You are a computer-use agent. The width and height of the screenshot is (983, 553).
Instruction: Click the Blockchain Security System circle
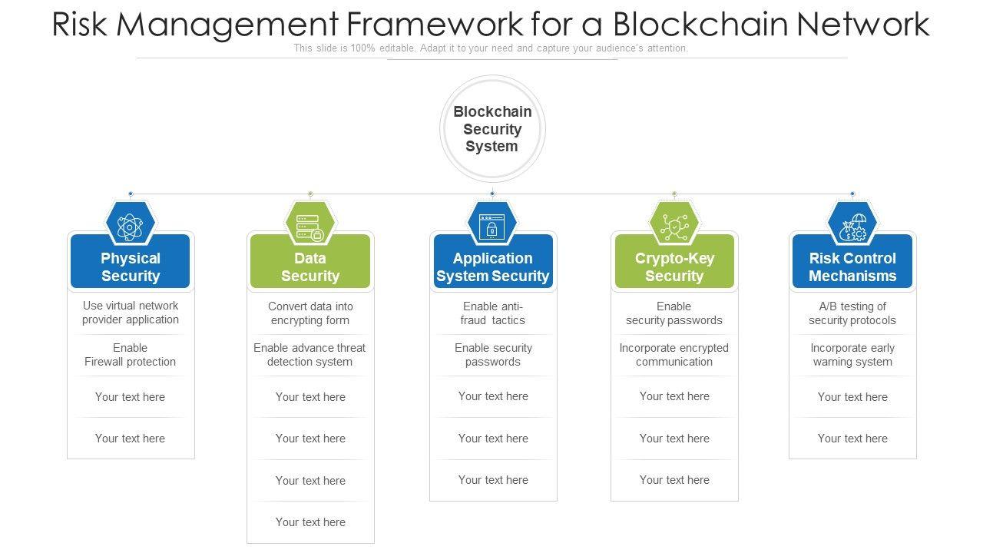(492, 128)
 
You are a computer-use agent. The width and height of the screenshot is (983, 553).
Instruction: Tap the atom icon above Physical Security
(130, 227)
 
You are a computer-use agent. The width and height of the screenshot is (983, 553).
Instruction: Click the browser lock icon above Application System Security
(492, 227)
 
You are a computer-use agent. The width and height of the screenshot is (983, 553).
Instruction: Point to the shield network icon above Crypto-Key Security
(674, 227)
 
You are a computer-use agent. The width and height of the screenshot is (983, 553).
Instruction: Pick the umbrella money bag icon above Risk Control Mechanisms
(852, 227)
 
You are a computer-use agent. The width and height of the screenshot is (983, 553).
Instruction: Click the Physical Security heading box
(131, 261)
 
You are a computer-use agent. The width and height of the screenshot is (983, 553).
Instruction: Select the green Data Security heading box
(310, 261)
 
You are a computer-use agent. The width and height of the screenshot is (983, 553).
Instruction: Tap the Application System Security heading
(493, 267)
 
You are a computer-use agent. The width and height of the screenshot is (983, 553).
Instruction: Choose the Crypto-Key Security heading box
(674, 261)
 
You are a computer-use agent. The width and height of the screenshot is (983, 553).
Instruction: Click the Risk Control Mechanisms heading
(852, 267)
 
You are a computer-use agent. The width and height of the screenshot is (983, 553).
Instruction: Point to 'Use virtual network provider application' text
(131, 313)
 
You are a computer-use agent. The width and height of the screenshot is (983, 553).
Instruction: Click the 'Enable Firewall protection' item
(130, 355)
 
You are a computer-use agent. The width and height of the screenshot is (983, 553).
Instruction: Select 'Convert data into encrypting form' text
(310, 313)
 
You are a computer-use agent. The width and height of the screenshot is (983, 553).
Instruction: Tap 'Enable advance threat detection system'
(309, 355)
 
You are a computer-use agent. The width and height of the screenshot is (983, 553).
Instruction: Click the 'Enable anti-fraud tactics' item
(493, 313)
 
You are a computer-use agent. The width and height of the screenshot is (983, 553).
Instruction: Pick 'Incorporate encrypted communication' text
(674, 355)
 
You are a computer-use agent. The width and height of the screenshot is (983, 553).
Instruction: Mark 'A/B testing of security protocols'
(852, 313)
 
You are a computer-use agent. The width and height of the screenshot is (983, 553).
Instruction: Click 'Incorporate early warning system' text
(852, 355)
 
